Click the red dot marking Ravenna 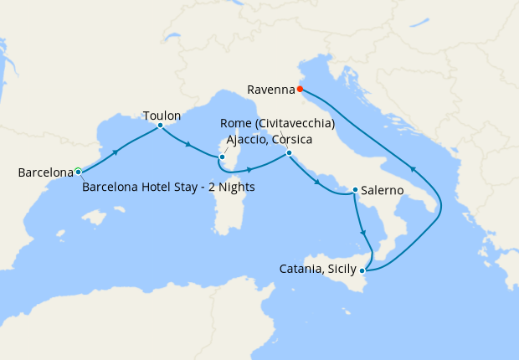tap(300, 89)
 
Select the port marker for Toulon tap(160, 126)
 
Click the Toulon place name tap(162, 116)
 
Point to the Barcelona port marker tap(78, 171)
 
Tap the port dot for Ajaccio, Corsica tap(222, 157)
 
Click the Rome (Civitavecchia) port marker tap(288, 152)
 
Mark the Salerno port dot tap(355, 190)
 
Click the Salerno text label tap(384, 191)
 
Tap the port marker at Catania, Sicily tap(362, 270)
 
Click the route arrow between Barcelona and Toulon tap(116, 151)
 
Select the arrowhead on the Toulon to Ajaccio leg tap(188, 145)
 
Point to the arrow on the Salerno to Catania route tap(362, 233)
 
